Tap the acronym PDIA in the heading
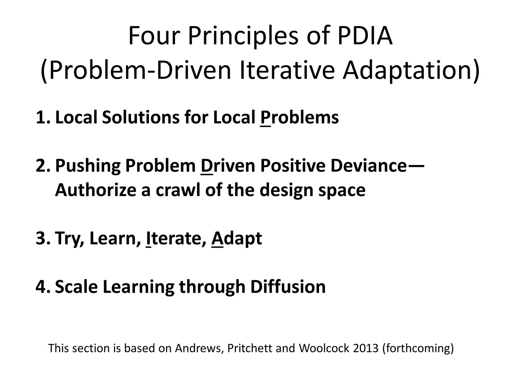point(364,36)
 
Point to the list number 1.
point(42,118)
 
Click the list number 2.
point(42,166)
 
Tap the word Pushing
point(88,166)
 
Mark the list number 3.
point(42,238)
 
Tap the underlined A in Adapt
point(217,238)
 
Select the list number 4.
point(42,287)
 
